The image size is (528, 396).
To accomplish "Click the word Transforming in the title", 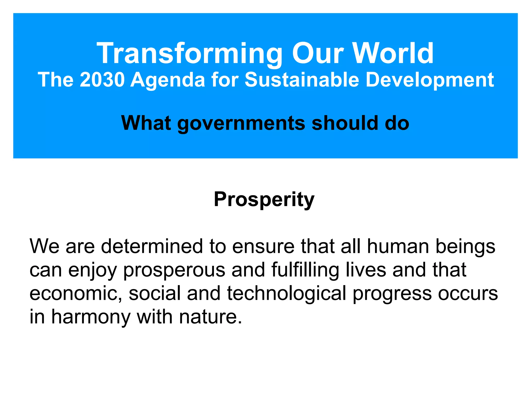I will coord(189,53).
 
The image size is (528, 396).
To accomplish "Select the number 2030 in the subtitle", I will coord(102,80).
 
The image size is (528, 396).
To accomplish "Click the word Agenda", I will coord(168,80).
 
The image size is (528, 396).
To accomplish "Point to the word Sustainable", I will coord(302,80).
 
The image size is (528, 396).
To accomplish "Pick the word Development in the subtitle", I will coord(430,80).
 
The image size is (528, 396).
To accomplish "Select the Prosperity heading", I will coord(264,200).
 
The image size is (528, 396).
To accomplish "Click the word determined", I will coord(152,246).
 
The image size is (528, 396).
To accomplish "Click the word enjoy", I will coord(92,270).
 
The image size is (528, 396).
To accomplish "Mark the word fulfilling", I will coord(305,270).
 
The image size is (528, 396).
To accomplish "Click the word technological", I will coord(286,294).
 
